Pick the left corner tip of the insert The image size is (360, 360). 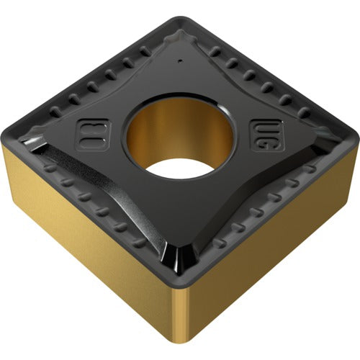[x=9, y=131]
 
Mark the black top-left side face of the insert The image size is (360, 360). [x=86, y=65]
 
